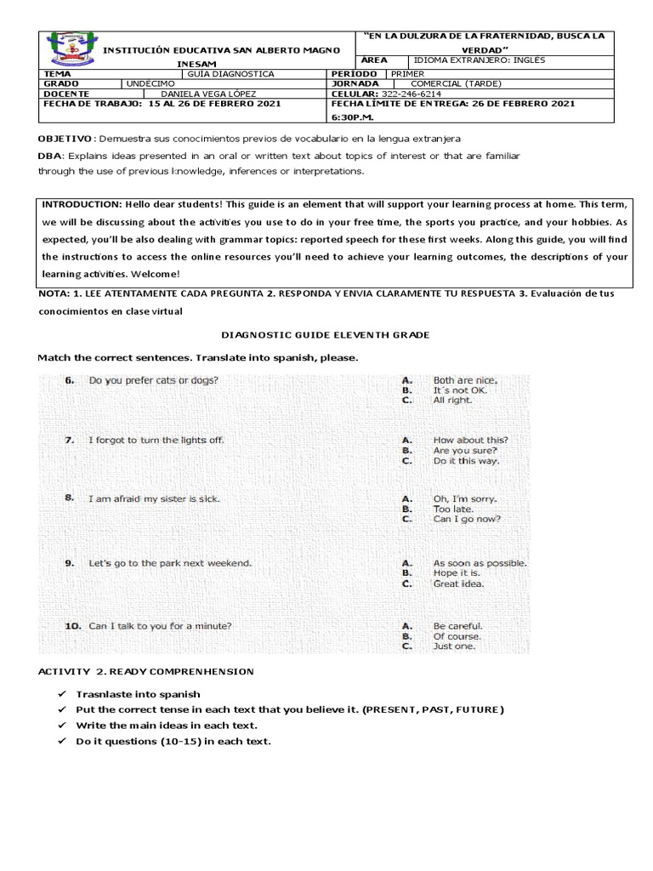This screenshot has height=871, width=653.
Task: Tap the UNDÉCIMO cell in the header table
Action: [151, 83]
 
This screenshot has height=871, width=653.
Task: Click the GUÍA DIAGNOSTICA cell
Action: [231, 74]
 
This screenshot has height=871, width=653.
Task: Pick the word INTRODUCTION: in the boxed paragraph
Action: [82, 205]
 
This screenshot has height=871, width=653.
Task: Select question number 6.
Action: [71, 380]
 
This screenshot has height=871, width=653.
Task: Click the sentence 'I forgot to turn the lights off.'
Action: [156, 440]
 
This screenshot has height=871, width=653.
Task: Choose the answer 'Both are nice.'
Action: [465, 380]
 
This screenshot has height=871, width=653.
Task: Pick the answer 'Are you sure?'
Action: [465, 451]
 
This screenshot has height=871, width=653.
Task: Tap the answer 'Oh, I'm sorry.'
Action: [465, 499]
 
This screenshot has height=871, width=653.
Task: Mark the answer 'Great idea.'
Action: [458, 584]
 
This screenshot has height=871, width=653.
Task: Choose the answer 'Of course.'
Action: [457, 636]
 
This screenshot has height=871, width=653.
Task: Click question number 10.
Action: [73, 626]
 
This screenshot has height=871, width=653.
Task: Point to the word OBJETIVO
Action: [65, 139]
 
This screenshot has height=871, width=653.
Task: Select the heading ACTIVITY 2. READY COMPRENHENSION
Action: [145, 672]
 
